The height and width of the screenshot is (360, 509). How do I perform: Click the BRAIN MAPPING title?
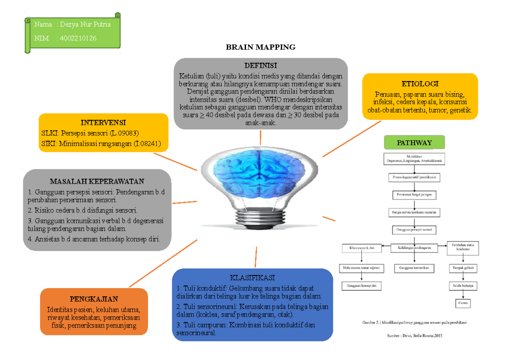(x=260, y=47)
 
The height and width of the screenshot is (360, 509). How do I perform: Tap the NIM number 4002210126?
(x=78, y=38)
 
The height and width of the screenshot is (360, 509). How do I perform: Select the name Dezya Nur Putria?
(x=85, y=24)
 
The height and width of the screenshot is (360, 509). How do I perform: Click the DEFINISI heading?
(x=260, y=65)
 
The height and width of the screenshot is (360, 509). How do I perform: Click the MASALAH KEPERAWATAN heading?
(x=97, y=181)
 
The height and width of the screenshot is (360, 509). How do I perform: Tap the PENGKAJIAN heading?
(x=94, y=299)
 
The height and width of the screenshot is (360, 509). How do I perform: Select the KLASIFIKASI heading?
(x=252, y=278)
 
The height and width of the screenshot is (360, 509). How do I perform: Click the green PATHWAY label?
(x=414, y=143)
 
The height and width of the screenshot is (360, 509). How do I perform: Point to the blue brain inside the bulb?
(x=260, y=174)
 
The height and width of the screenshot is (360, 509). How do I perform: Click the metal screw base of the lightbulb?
(x=260, y=218)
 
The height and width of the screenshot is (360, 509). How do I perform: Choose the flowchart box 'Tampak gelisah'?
(x=462, y=268)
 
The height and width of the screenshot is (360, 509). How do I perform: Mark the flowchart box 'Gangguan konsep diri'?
(x=361, y=286)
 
